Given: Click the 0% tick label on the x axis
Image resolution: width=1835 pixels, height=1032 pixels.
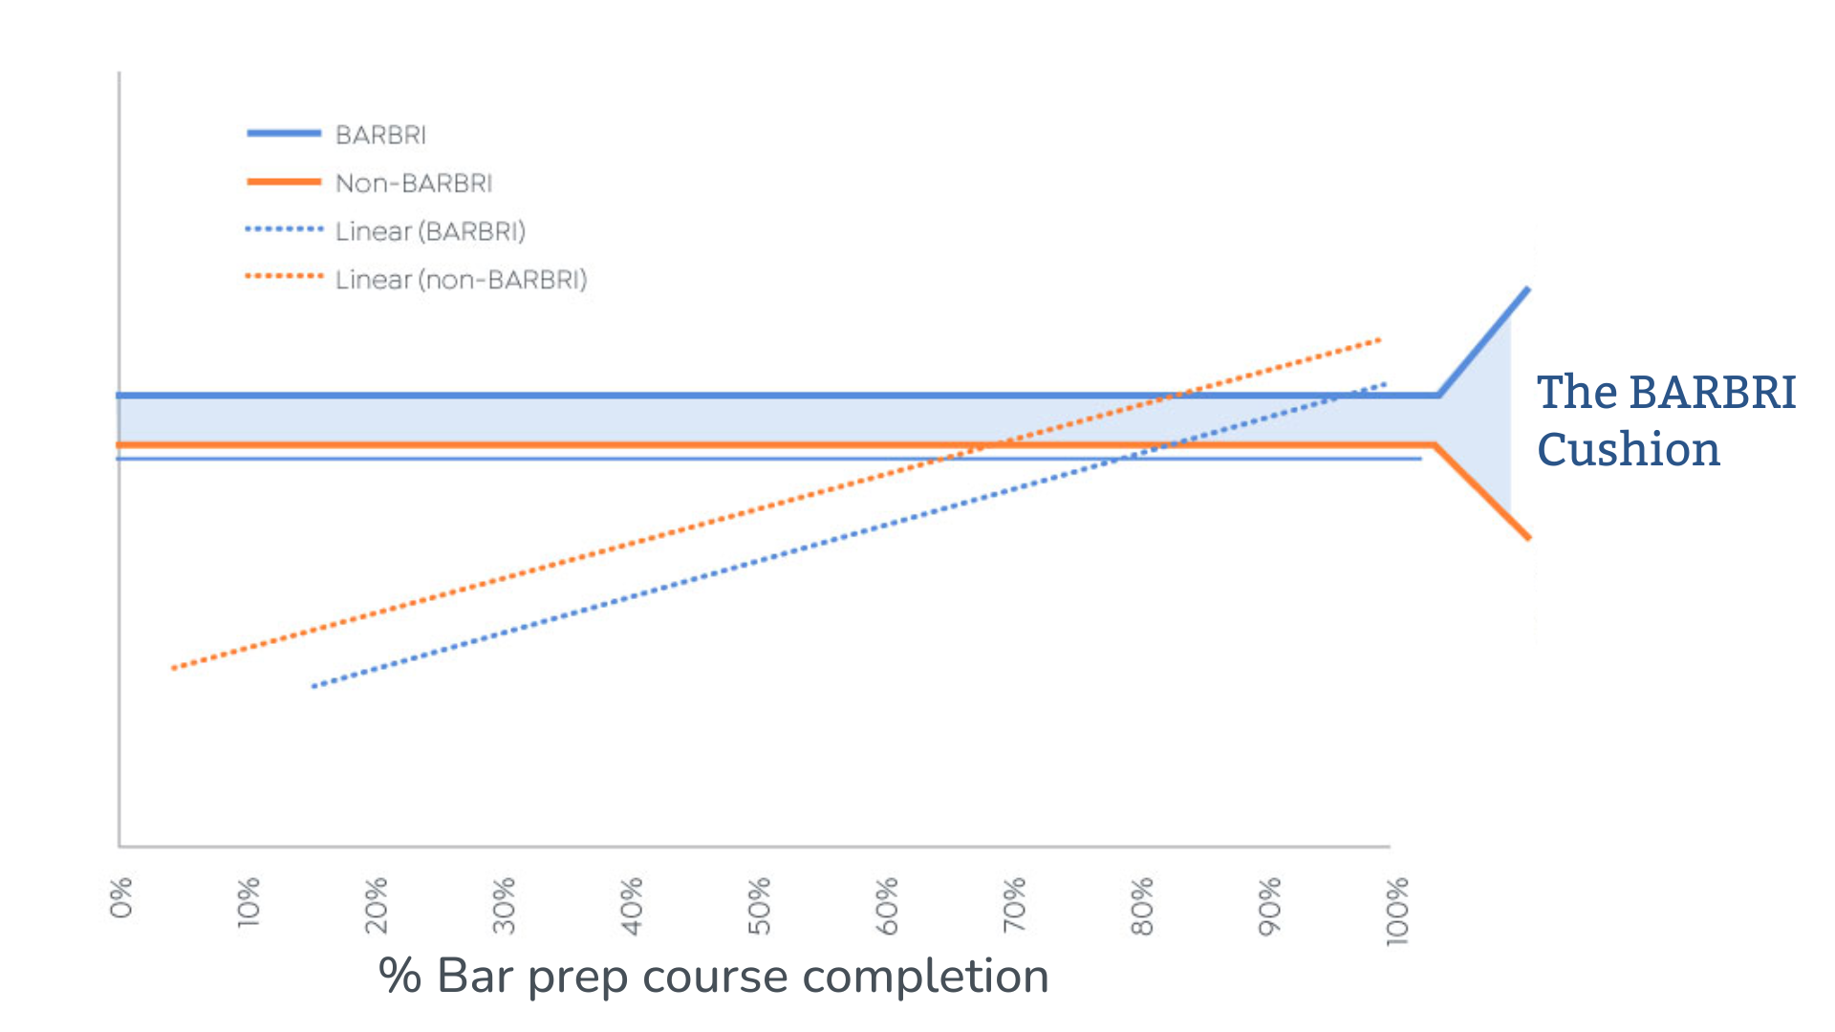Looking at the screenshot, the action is click(x=121, y=897).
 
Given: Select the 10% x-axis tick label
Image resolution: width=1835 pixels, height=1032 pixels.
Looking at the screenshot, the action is click(x=248, y=901).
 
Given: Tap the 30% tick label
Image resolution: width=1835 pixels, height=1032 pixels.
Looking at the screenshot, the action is click(x=504, y=905).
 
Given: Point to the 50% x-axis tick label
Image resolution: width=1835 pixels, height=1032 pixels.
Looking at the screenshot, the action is click(x=759, y=905).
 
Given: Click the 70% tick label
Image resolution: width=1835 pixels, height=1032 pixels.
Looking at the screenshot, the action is click(x=1014, y=905).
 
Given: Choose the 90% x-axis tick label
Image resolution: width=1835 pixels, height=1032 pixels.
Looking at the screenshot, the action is click(x=1269, y=905).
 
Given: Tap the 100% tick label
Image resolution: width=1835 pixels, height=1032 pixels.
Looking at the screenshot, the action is click(x=1397, y=911).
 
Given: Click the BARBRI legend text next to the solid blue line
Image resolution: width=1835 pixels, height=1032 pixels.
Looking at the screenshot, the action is click(x=380, y=135).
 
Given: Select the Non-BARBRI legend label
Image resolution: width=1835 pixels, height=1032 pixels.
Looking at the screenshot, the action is click(x=414, y=183).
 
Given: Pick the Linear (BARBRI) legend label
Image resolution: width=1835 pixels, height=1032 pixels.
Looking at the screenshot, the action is click(x=430, y=231).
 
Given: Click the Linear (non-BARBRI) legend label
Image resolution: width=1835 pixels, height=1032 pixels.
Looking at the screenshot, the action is click(x=461, y=279).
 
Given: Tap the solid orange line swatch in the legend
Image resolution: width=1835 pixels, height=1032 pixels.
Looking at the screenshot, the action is click(x=284, y=182).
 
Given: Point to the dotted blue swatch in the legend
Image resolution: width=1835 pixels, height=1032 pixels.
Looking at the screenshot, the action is click(x=284, y=229).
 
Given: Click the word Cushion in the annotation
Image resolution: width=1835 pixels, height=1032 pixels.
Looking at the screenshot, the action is click(x=1629, y=449).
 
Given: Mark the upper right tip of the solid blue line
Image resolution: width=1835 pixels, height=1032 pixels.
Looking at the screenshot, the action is click(x=1528, y=289).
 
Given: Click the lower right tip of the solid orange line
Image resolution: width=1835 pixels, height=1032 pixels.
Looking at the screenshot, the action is click(x=1529, y=538).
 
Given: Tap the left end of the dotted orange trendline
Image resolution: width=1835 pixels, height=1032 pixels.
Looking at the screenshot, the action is click(x=173, y=668).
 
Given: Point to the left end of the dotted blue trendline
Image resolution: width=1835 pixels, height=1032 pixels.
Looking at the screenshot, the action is click(x=313, y=686).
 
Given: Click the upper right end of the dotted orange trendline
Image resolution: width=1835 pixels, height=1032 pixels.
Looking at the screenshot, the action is click(x=1379, y=339).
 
